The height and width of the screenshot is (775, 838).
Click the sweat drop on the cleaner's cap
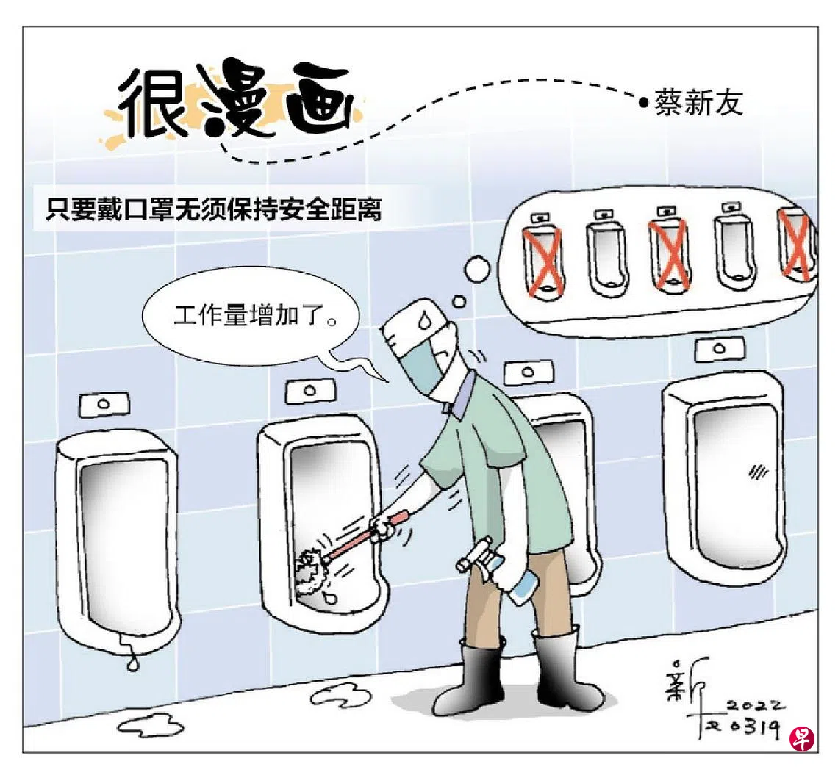pos(424,320)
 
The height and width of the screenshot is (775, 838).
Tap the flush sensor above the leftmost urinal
pos(104,404)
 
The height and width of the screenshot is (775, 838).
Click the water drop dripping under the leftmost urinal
pos(132,663)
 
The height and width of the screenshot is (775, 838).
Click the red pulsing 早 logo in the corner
pos(802,739)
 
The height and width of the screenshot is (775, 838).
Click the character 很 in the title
pos(151,101)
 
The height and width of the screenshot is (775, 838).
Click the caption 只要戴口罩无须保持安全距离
pos(214,209)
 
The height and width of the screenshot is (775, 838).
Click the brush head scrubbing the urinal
pos(311,569)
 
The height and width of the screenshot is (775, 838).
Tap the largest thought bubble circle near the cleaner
pos(477,269)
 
